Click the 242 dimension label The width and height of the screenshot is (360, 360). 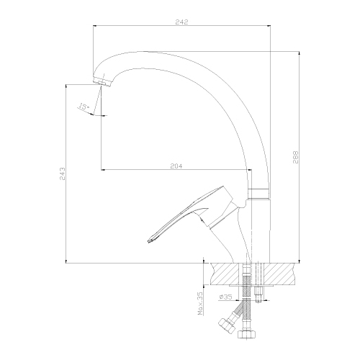[x=182, y=22]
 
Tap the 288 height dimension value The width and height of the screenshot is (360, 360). [x=296, y=157]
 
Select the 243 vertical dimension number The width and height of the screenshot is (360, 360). [x=62, y=174]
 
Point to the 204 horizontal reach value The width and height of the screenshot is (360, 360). [x=176, y=166]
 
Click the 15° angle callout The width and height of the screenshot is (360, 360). [x=84, y=107]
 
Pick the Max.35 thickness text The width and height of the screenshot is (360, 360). [x=200, y=303]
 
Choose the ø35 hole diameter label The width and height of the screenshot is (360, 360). [x=225, y=297]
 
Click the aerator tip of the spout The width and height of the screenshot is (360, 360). [x=102, y=81]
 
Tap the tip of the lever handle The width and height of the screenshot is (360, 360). [x=150, y=240]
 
